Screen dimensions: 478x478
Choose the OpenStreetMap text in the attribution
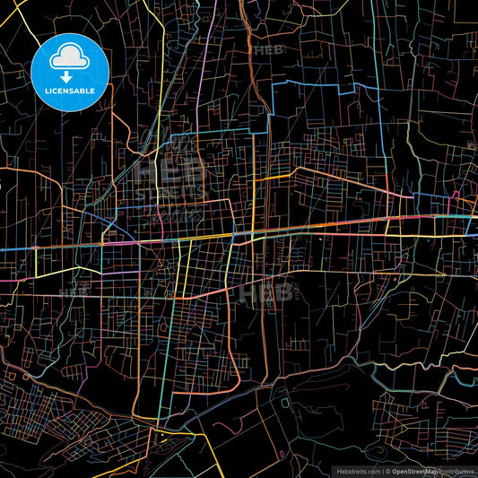415,471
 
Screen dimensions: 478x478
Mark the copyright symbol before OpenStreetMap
387,471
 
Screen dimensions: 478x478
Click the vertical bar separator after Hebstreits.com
382,471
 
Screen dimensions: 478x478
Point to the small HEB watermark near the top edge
268,51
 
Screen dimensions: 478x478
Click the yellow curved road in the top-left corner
27,36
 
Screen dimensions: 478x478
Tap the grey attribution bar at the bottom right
404,471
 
